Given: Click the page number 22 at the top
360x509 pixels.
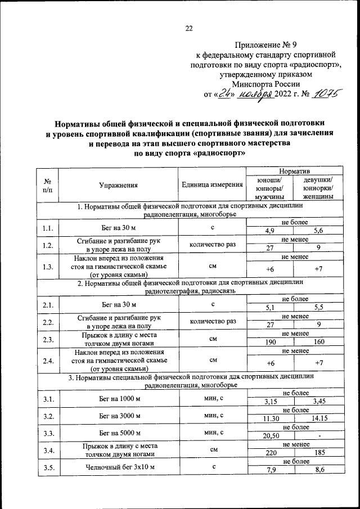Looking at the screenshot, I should point(189,29).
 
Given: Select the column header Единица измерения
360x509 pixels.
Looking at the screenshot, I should point(212,184).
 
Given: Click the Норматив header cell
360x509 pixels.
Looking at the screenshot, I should point(291,170).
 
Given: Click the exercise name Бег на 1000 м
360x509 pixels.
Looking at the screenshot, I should point(118,399).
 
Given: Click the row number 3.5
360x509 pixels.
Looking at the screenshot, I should point(48,467).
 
